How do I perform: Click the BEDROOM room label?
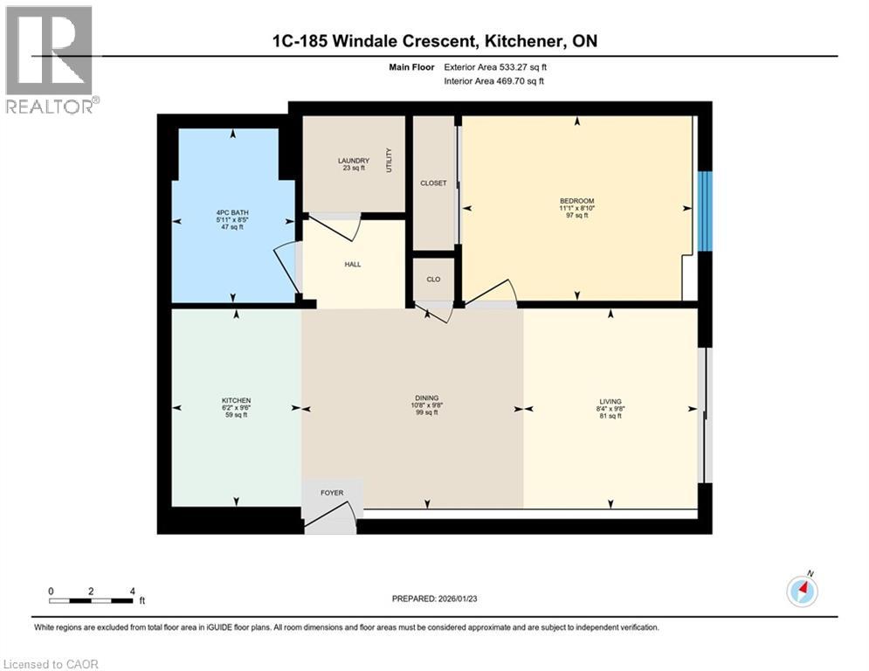tap(576, 201)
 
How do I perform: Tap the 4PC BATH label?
tap(234, 212)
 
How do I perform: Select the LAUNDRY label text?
tap(354, 161)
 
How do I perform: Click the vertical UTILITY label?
tap(390, 161)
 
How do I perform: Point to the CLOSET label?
tap(433, 183)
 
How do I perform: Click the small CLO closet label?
tap(433, 280)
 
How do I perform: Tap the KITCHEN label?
tap(236, 400)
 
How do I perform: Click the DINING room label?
tap(427, 398)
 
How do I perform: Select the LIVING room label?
tap(610, 401)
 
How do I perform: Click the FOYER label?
tap(332, 493)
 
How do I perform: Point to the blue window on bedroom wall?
tap(706, 211)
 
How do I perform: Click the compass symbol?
tap(802, 591)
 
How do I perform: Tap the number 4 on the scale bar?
tap(132, 591)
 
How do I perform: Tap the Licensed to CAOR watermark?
tap(52, 664)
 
